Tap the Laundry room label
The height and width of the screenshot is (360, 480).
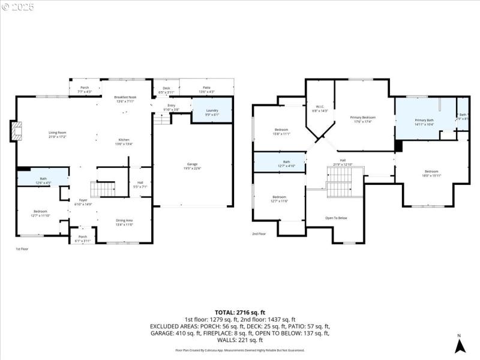pos(211,111)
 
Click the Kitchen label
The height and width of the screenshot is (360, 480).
pos(124,140)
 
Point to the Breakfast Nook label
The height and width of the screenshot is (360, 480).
pos(126,97)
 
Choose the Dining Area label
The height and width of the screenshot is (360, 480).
pos(124,220)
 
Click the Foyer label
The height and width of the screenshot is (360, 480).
pos(83,200)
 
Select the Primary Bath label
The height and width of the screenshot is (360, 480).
pos(424,121)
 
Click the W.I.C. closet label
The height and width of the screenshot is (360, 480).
pos(320,107)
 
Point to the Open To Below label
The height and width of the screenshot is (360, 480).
pos(336,218)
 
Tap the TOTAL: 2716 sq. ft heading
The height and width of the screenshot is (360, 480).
pos(239,312)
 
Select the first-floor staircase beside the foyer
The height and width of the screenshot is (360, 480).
pos(105,189)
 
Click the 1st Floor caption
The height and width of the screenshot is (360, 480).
pos(22,249)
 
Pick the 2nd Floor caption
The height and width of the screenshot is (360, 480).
pos(259,233)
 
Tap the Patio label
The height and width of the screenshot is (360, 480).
pos(206,88)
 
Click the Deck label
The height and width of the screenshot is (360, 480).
pos(166,88)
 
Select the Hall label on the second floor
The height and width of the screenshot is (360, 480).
pos(343,160)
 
